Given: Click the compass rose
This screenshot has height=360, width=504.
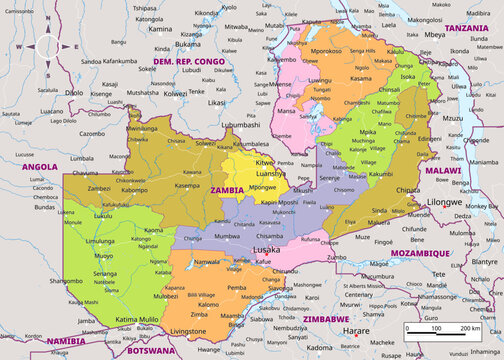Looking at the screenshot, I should (48, 46).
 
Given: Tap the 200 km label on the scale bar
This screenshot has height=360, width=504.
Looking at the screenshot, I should (471, 328).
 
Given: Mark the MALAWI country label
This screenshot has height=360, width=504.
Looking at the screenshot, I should (442, 171).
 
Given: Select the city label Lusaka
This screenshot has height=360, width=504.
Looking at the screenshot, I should (266, 247).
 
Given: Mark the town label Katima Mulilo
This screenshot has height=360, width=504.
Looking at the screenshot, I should (138, 319).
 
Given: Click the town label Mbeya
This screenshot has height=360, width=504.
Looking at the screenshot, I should (434, 34).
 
